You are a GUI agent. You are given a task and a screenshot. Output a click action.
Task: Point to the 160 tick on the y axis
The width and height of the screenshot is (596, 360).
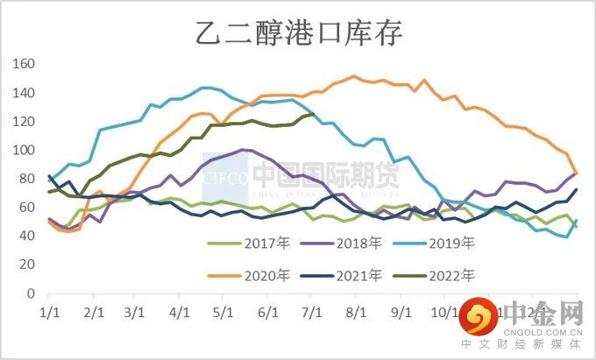[23, 64]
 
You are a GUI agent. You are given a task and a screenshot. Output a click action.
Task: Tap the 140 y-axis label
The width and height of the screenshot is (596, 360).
[23, 93]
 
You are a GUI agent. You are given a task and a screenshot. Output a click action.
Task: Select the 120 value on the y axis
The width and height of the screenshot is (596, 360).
[23, 122]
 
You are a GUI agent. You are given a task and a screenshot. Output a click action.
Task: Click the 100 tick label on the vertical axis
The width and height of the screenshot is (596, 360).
[23, 151]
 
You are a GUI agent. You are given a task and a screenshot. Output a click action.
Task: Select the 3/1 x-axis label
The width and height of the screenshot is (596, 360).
[135, 312]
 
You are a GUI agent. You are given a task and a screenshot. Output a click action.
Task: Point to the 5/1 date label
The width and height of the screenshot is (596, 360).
[223, 312]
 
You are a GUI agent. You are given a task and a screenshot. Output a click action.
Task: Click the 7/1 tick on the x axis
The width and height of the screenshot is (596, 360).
[311, 312]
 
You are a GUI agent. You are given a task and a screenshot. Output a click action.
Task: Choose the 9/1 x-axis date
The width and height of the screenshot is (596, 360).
[401, 312]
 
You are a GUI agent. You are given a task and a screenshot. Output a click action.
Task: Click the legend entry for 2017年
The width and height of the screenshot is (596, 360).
[267, 243]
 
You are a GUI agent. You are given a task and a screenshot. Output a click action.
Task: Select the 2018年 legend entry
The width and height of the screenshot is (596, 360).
[360, 243]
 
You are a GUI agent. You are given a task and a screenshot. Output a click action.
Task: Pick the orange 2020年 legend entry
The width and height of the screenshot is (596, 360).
[267, 275]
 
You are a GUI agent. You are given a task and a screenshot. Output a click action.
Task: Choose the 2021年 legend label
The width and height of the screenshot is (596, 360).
[360, 275]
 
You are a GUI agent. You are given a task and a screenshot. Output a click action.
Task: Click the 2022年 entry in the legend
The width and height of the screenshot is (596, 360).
[453, 275]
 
